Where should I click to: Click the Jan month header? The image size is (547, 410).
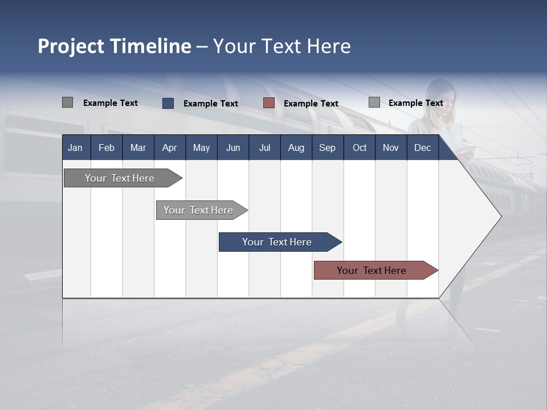(75, 147)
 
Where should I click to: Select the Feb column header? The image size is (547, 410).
(107, 147)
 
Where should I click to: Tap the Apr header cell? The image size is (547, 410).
(169, 147)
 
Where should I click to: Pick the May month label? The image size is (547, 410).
(201, 147)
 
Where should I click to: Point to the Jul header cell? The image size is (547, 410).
(264, 147)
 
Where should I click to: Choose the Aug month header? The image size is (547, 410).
(296, 147)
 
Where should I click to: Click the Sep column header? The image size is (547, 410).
(327, 147)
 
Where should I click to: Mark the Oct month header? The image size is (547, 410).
(360, 147)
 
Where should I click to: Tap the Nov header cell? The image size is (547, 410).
(391, 147)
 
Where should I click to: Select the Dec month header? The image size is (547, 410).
(422, 147)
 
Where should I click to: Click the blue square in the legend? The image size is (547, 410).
(168, 103)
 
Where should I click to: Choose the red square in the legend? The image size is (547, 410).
(269, 103)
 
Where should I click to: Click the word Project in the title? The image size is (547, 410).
(71, 46)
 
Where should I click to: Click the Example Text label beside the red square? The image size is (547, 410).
(311, 104)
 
